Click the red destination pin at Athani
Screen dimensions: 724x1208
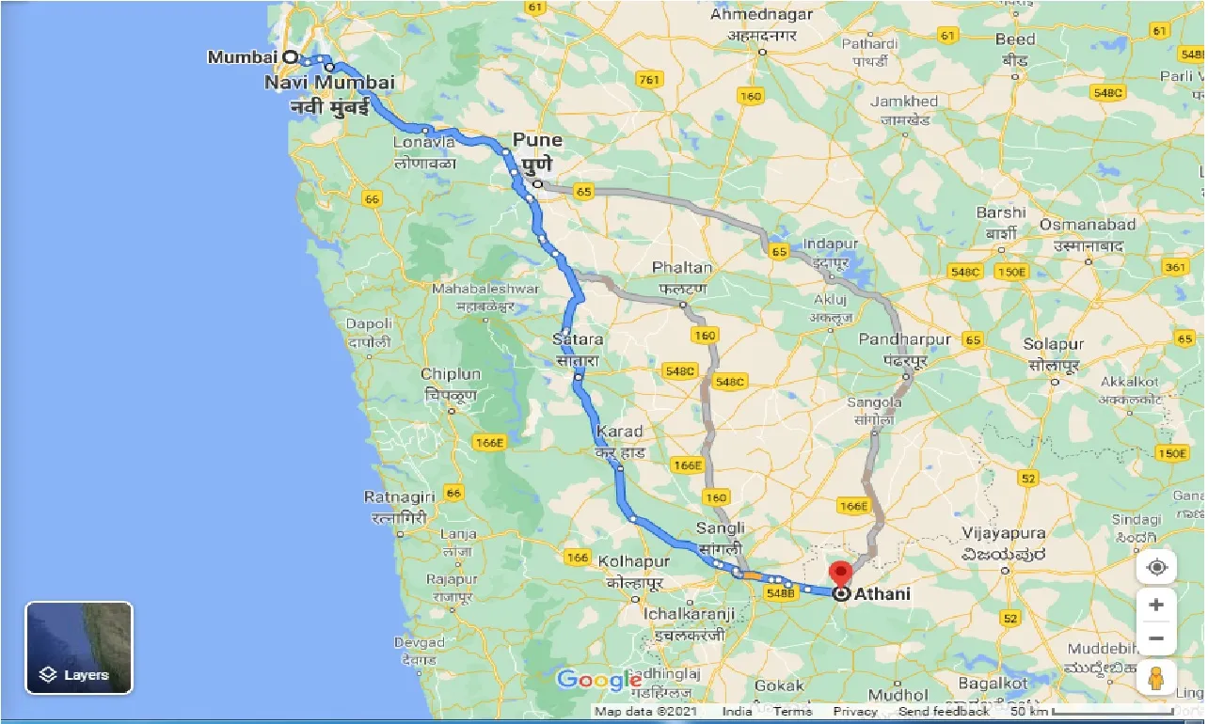pyautogui.click(x=839, y=574)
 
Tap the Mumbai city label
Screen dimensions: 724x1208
pyautogui.click(x=243, y=57)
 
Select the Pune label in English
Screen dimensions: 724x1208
pyautogui.click(x=537, y=140)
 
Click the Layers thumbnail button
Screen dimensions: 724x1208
pyautogui.click(x=79, y=648)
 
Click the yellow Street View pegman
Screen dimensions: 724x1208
pyautogui.click(x=1156, y=677)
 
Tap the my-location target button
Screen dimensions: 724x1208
pyautogui.click(x=1156, y=567)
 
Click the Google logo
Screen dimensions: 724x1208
pyautogui.click(x=598, y=680)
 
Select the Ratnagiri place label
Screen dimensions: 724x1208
pyautogui.click(x=400, y=496)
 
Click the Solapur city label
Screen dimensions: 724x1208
pyautogui.click(x=1055, y=345)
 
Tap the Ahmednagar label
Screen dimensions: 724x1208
pyautogui.click(x=762, y=15)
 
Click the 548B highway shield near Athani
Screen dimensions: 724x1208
pyautogui.click(x=781, y=594)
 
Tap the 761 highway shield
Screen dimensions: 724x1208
pyautogui.click(x=648, y=79)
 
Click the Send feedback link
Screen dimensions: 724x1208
pyautogui.click(x=944, y=712)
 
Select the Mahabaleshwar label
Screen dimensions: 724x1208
pyautogui.click(x=485, y=289)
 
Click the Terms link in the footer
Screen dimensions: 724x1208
pyautogui.click(x=792, y=712)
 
